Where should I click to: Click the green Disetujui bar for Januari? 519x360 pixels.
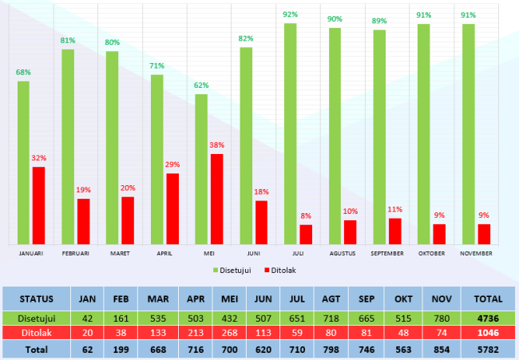tap(24, 163)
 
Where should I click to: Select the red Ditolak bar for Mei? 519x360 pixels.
tap(216, 200)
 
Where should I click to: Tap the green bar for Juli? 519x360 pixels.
tap(291, 134)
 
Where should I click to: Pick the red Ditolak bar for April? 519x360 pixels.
tap(172, 209)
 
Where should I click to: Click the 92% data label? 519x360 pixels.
tap(291, 14)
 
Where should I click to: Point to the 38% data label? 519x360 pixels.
tap(217, 145)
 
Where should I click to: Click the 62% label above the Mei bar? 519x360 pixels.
tap(201, 85)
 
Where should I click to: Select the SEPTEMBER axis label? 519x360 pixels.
tap(387, 253)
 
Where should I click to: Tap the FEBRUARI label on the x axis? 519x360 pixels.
tap(76, 253)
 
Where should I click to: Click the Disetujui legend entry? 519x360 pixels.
tap(233, 271)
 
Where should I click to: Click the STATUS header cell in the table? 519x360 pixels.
tap(37, 299)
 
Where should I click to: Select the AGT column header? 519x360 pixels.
tap(330, 299)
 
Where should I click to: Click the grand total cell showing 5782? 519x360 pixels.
tap(488, 350)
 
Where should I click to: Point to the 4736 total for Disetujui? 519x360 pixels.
tap(488, 317)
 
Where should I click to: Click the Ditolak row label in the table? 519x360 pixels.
tap(37, 333)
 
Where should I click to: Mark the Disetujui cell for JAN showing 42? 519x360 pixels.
tap(89, 317)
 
